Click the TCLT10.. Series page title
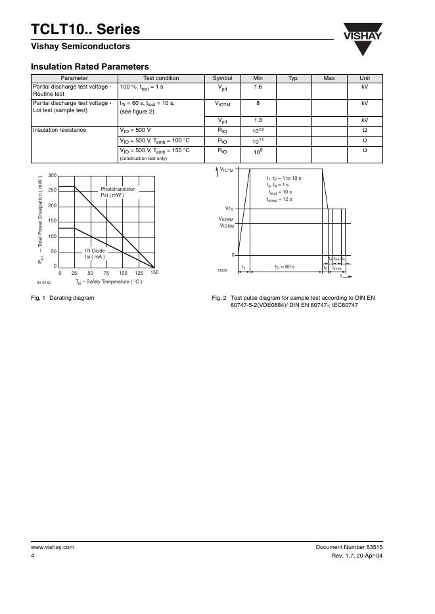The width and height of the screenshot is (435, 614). click(85, 30)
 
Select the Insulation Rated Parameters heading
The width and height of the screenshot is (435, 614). click(90, 66)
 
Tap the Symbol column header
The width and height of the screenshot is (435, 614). click(223, 78)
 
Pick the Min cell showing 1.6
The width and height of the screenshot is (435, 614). click(258, 87)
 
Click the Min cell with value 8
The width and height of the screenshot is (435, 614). click(258, 104)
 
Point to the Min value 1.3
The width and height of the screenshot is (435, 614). click(258, 121)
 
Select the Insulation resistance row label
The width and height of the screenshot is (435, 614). click(60, 130)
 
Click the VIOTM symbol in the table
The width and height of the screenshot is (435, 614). click(223, 104)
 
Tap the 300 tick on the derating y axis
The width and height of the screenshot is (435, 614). click(53, 175)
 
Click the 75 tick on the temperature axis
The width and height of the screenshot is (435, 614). click(106, 272)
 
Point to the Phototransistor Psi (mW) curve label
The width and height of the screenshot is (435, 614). click(118, 192)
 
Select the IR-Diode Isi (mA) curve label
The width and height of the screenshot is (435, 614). click(95, 253)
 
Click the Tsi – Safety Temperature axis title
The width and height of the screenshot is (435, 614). click(108, 282)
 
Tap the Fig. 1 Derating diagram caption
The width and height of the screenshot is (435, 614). click(62, 298)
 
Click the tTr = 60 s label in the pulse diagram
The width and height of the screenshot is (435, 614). click(284, 267)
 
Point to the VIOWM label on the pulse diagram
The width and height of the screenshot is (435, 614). click(226, 219)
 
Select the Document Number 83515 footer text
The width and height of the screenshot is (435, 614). click(349, 547)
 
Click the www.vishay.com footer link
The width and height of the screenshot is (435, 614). click(53, 547)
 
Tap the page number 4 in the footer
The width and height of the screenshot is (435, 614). click(33, 556)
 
